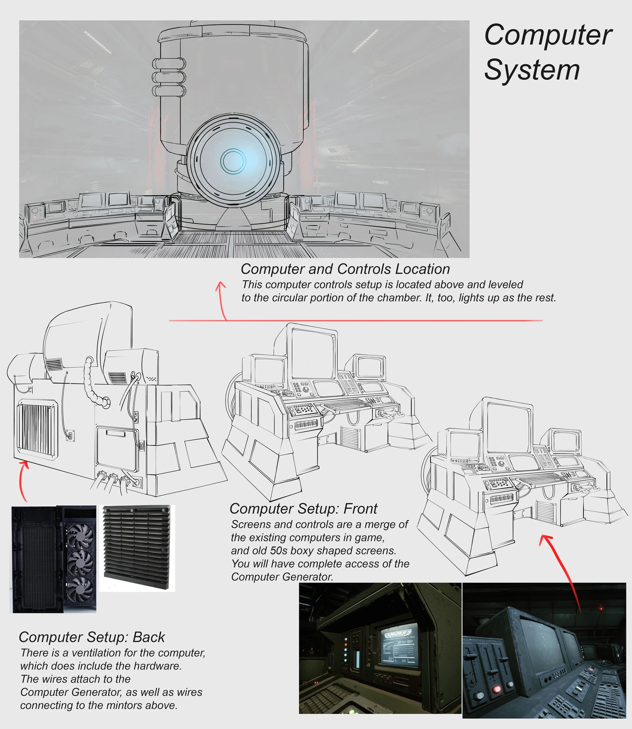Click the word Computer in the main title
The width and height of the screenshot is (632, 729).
tap(547, 36)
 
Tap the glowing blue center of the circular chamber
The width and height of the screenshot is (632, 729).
tap(233, 161)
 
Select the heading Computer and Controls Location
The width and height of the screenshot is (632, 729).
tap(345, 269)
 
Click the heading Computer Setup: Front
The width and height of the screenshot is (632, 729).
tap(303, 509)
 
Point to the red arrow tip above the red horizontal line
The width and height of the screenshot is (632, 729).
tap(220, 284)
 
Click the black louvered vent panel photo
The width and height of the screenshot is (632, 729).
tap(136, 548)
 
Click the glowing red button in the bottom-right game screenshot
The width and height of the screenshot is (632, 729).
tap(497, 689)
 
